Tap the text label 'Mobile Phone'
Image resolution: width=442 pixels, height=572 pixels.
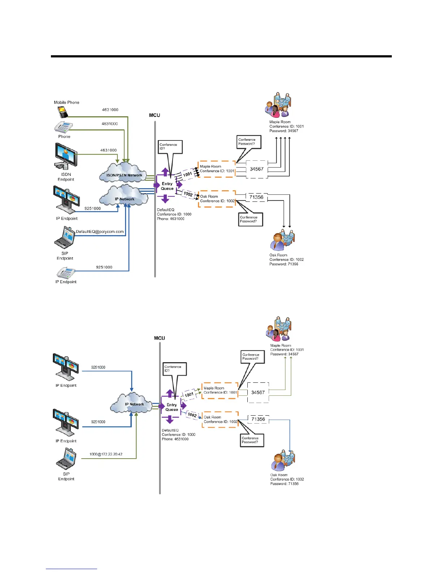point(66,103)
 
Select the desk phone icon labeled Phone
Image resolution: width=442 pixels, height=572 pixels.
point(64,127)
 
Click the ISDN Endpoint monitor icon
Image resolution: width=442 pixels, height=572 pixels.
point(66,156)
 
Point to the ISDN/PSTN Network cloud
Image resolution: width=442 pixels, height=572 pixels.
point(123,172)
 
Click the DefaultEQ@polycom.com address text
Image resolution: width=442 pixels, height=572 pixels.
point(100,231)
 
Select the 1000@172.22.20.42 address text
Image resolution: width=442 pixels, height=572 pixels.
point(106,454)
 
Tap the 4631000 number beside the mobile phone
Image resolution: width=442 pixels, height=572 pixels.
point(110,110)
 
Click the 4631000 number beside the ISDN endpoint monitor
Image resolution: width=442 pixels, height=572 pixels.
point(108,150)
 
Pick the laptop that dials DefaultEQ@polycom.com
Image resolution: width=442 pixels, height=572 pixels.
point(65,238)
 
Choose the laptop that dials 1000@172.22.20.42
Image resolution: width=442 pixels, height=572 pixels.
point(66,459)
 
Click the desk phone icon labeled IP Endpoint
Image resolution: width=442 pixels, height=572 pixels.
point(66,273)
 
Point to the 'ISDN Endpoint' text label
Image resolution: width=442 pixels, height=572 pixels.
point(66,177)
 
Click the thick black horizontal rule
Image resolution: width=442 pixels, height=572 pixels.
point(221,56)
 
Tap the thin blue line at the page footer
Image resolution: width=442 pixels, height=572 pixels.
point(71,569)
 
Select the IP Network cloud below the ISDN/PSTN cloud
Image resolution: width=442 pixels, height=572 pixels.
point(124,196)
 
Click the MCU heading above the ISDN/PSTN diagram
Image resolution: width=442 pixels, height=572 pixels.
point(155,115)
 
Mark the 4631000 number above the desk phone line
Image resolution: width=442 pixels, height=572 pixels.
point(109,124)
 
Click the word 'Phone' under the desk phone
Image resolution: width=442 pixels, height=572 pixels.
point(64,136)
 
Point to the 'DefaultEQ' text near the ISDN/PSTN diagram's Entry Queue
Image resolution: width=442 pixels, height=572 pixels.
point(166,210)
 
